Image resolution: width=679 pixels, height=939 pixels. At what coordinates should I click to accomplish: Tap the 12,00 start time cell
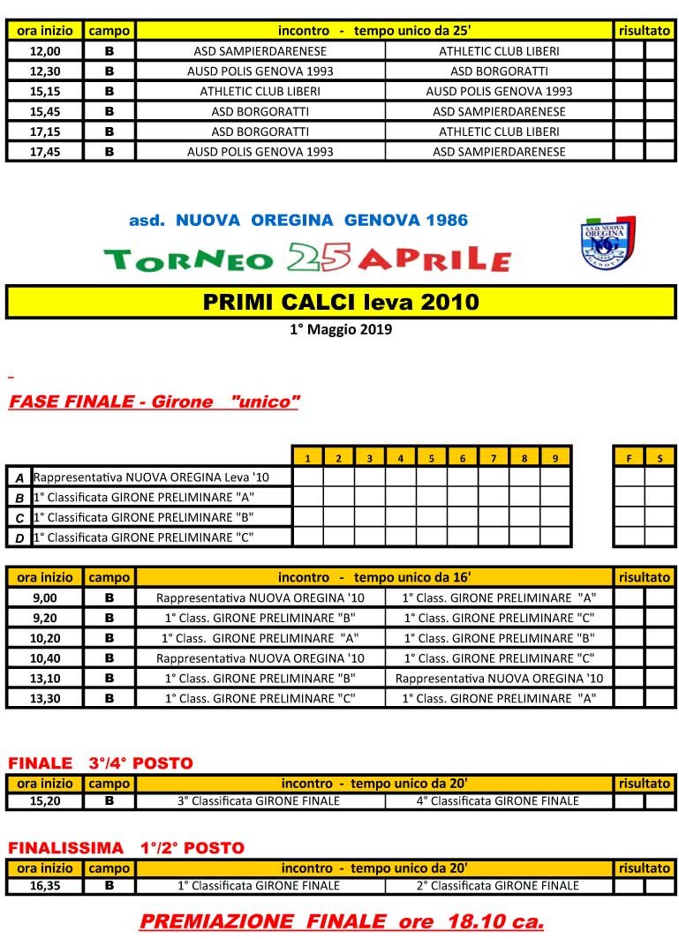[45, 51]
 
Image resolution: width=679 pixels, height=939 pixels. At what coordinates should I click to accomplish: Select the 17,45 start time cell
[45, 152]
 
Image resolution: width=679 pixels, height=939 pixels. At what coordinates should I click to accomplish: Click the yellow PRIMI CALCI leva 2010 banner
[341, 302]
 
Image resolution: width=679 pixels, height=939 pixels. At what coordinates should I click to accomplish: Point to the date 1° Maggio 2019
[341, 330]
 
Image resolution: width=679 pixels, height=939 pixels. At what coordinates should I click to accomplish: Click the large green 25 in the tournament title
[319, 257]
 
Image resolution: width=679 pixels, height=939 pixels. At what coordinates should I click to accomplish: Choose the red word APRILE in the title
[435, 259]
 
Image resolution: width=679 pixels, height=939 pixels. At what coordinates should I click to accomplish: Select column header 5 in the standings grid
[431, 458]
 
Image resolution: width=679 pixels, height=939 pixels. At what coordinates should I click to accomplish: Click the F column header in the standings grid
[629, 458]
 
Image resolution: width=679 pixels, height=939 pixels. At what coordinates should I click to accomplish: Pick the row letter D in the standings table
[19, 537]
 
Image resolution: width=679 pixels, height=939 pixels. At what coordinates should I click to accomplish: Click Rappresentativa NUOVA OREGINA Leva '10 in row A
[151, 477]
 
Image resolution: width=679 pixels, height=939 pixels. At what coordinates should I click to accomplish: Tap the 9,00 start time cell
[45, 597]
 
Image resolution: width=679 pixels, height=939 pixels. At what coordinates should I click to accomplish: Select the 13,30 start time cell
[45, 698]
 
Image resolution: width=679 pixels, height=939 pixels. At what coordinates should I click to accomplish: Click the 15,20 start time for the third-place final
[45, 801]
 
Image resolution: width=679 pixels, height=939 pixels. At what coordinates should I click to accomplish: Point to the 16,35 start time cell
[45, 885]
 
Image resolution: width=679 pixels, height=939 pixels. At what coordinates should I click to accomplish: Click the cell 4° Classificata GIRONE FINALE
[499, 801]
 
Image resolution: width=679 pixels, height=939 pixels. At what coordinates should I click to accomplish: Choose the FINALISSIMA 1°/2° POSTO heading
[126, 848]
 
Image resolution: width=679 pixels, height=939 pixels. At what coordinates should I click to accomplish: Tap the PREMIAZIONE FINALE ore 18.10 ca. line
[341, 921]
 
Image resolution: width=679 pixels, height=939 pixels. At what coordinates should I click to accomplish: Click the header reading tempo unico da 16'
[412, 577]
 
